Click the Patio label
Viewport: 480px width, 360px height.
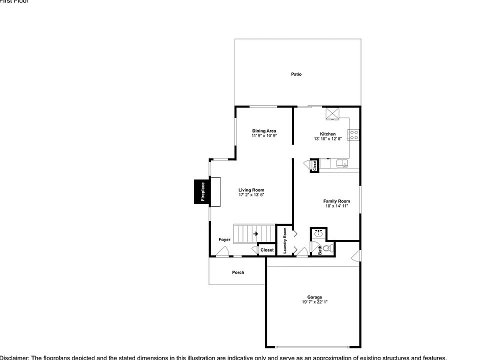296,74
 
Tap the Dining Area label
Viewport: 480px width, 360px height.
264,131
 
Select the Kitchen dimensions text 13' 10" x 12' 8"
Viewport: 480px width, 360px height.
328,139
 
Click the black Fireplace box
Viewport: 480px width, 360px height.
202,191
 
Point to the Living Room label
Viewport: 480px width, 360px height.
251,190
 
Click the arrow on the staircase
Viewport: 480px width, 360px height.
255,233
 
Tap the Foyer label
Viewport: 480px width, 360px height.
224,240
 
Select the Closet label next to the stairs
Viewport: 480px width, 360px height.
267,250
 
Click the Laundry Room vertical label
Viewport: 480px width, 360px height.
285,240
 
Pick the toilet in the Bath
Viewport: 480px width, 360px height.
327,247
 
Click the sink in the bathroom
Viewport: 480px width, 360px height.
318,233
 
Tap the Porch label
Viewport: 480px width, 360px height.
238,272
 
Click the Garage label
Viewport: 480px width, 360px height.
314,297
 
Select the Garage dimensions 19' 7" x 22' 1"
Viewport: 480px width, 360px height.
314,302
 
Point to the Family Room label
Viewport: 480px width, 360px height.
336,201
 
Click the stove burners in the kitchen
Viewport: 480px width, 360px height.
353,135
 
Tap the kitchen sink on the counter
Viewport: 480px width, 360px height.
342,163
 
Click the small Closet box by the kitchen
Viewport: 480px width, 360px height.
314,166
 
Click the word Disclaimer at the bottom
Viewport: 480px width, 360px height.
15,357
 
